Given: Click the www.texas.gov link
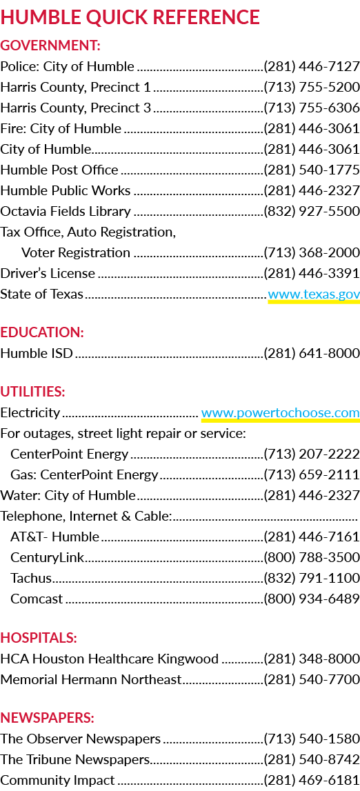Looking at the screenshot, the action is [x=314, y=294].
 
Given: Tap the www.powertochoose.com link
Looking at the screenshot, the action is [x=280, y=412].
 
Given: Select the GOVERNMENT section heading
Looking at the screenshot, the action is [x=50, y=46].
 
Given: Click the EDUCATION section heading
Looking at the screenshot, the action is [x=42, y=332].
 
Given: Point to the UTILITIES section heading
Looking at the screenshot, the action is [x=33, y=392].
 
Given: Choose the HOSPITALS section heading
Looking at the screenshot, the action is [x=39, y=638].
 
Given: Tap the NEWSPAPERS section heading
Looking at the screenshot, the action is [x=48, y=717].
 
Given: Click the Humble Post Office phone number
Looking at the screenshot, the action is [x=312, y=170].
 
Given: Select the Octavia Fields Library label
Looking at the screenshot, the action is [x=66, y=212].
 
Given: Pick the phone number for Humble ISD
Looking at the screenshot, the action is [x=312, y=354].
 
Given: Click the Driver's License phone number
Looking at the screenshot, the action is [x=312, y=273].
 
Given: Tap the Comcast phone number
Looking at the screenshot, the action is [x=312, y=599].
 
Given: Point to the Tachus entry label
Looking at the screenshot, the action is [x=31, y=578].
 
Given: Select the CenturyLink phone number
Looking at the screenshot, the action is [x=312, y=557].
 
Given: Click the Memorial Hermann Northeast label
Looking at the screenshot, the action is [x=91, y=679].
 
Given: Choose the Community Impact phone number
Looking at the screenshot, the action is [x=312, y=781].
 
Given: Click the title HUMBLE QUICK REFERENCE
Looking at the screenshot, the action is [x=130, y=18].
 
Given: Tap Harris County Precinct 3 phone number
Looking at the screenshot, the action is [x=312, y=108].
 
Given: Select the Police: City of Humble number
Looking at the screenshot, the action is [x=312, y=67].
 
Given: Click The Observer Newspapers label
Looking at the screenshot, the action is [x=81, y=739].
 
